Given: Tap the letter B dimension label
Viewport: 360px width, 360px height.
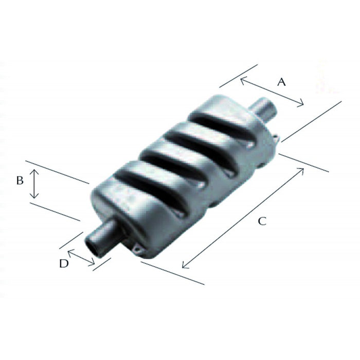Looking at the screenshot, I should click(20, 181).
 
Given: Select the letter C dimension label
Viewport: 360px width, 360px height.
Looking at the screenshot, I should click(262, 221).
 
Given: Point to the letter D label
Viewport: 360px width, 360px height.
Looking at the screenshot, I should click(63, 263).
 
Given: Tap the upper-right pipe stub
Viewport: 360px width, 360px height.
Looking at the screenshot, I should click(264, 110).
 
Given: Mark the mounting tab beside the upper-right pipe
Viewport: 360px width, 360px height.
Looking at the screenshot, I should click(277, 137).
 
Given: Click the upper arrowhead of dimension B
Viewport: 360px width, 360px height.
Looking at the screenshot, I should click(34, 172).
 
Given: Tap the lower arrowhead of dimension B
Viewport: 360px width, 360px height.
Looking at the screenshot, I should click(34, 197).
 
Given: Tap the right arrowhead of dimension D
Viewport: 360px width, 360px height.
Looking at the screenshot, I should click(93, 264).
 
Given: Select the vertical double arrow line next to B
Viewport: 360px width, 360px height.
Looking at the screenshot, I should click(34, 185).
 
